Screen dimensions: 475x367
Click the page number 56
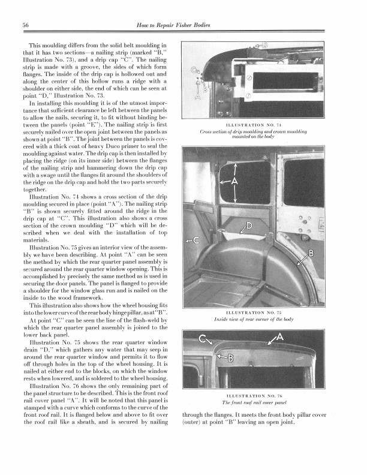26,24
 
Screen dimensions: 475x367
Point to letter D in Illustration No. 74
265,45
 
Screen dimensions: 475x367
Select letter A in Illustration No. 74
199,96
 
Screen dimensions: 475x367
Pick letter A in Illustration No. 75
234,182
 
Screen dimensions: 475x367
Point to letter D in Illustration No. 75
248,226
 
